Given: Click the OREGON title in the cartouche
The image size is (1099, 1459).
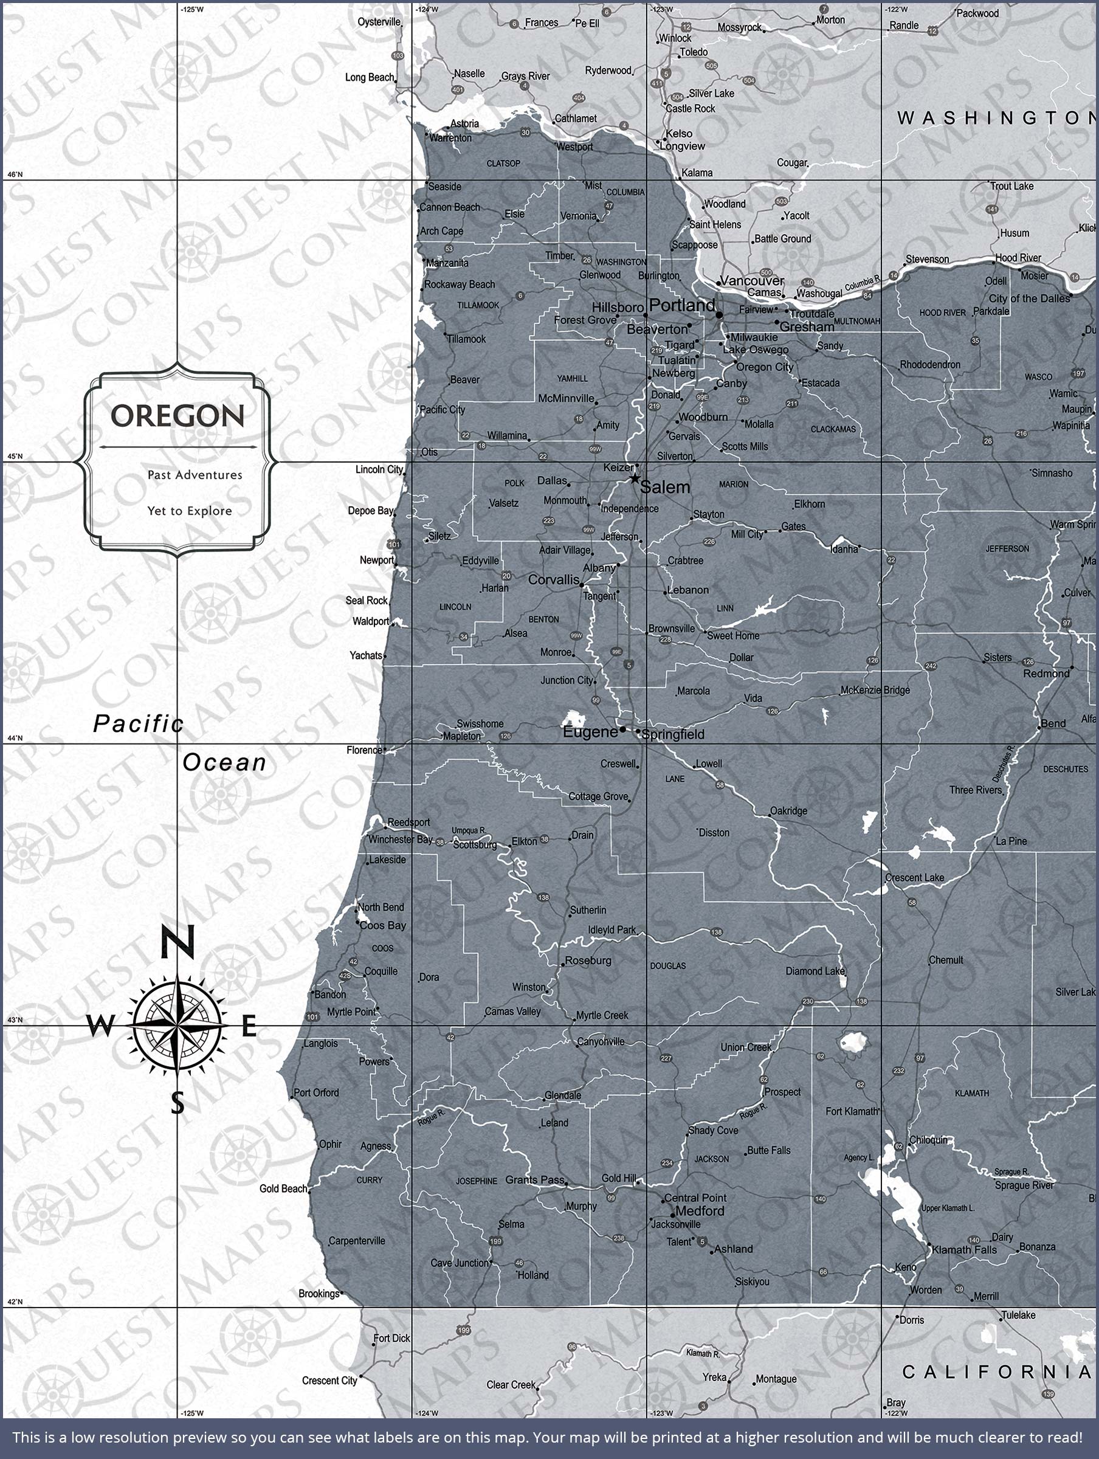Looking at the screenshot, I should [177, 416].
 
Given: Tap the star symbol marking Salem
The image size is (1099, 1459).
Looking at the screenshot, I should [634, 478].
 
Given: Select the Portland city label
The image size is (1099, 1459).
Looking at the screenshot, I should [681, 305].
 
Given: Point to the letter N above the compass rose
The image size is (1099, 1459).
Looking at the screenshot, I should [177, 942].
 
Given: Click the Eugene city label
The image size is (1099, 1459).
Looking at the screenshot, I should [590, 732].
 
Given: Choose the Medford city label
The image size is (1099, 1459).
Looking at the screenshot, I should [699, 1212].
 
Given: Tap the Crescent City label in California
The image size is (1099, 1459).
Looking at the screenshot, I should [329, 1381].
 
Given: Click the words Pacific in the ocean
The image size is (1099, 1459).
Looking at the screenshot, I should [138, 724].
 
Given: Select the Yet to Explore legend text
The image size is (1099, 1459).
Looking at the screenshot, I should [189, 511].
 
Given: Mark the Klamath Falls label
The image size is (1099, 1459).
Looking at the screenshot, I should [964, 1250].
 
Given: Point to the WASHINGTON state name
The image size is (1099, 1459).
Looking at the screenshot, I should [996, 118].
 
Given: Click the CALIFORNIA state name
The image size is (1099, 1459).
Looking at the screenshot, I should [996, 1373].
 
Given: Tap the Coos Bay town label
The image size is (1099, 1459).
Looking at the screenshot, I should [382, 926].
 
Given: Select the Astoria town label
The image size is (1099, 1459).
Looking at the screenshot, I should [464, 124].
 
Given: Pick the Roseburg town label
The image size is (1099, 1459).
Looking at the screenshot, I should [588, 961].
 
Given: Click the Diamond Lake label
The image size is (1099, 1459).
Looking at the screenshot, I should [814, 971].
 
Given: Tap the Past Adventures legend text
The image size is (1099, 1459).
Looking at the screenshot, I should [195, 475].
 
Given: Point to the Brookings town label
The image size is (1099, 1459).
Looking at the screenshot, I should [319, 1294].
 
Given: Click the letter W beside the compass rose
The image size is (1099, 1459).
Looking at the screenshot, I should [100, 1026].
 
